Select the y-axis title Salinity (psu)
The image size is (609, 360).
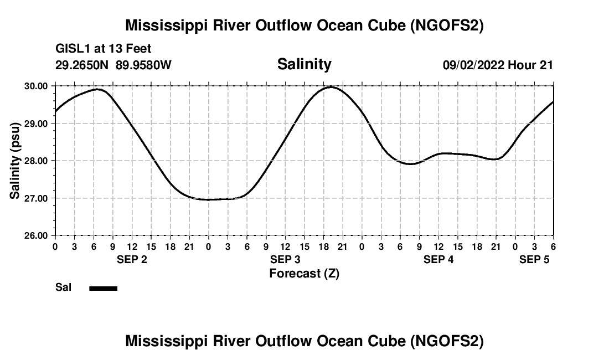[15, 160]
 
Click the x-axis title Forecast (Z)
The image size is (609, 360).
[304, 273]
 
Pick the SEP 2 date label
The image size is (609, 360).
[132, 260]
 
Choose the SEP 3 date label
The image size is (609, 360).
[285, 260]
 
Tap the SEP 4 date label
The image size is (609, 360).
[438, 260]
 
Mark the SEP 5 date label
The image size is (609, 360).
[534, 260]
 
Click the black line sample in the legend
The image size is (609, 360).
[103, 288]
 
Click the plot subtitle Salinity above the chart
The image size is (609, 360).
[304, 64]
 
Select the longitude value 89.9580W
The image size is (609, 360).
[143, 65]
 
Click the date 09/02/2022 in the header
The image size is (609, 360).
[473, 65]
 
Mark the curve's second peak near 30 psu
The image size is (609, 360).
[332, 86]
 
